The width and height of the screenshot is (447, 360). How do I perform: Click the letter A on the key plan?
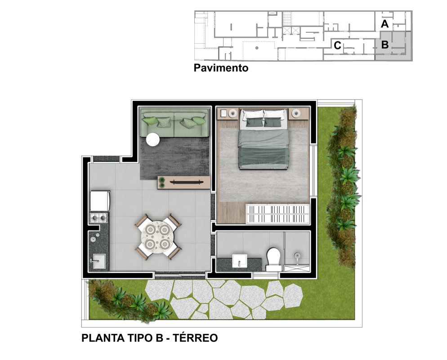click(384, 24)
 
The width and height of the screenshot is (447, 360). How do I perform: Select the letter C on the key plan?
click(338, 45)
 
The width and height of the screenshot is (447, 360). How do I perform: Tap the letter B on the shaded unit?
click(385, 45)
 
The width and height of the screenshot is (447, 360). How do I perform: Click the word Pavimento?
click(221, 68)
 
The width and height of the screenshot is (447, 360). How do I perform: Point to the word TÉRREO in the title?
click(196, 337)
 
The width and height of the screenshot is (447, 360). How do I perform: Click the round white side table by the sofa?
click(153, 139)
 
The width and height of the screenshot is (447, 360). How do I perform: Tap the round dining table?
click(157, 237)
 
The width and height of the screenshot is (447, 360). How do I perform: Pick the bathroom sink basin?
click(239, 261)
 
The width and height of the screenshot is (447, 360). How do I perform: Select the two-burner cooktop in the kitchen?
click(98, 218)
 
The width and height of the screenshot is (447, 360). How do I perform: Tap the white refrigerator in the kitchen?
click(100, 201)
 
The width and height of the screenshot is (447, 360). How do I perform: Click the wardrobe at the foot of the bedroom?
click(277, 214)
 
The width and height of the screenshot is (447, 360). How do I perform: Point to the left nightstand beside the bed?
click(228, 113)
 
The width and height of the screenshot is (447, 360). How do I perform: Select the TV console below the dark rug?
click(184, 182)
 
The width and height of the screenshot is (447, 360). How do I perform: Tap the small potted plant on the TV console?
click(162, 182)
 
